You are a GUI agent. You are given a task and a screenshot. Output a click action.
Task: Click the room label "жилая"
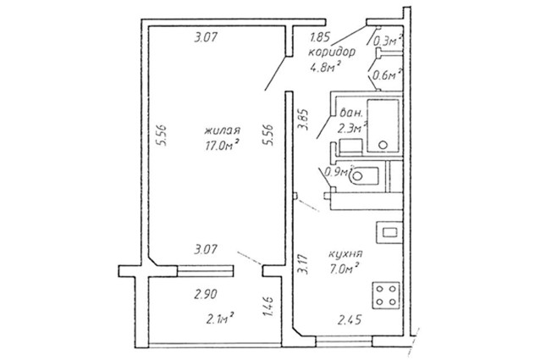tap(223, 130)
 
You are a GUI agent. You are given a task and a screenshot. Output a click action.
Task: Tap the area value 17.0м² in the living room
tap(221, 146)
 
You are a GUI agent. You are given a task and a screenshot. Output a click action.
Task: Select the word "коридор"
tap(332, 53)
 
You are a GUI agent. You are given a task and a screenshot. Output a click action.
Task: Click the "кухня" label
tap(345, 254)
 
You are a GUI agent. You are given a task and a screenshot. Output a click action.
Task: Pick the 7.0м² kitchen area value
tap(345, 269)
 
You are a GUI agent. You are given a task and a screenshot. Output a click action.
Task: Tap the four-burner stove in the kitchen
tap(386, 296)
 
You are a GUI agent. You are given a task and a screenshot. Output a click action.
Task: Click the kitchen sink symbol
tap(389, 233)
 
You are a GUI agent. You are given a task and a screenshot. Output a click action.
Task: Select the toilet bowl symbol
tap(364, 176)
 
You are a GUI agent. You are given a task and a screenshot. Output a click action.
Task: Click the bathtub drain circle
tap(383, 145)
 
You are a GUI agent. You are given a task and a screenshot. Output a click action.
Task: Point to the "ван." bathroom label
tap(349, 114)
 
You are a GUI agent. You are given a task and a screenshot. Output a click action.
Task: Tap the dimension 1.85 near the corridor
tap(320, 37)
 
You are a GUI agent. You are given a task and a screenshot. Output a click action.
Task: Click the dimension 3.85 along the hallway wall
tap(303, 119)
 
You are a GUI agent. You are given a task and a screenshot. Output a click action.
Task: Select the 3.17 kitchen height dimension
tap(303, 263)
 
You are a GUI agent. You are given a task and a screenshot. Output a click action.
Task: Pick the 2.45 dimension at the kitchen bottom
tap(350, 320)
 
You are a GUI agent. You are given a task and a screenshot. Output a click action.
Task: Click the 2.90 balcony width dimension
tap(206, 294)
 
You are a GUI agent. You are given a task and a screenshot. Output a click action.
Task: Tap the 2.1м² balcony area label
tap(220, 318)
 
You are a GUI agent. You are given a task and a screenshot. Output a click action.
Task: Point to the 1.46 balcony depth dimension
tap(269, 306)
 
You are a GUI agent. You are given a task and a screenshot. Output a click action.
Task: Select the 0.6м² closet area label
tap(385, 75)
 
